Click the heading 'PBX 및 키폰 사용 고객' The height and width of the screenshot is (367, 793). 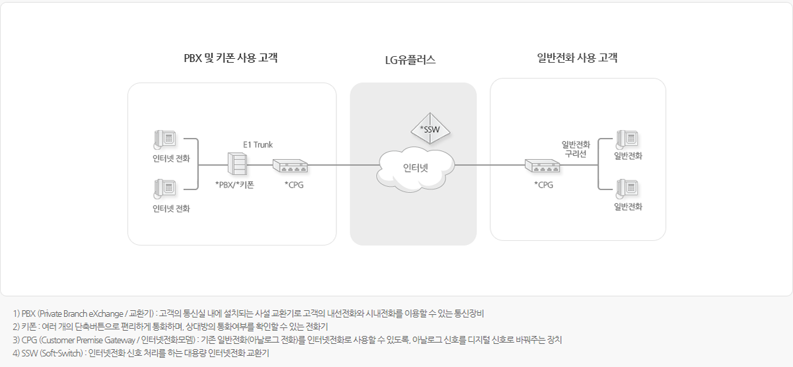(x=230, y=58)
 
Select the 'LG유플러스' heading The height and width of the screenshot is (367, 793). (x=410, y=60)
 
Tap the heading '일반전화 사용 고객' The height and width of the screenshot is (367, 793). (x=578, y=58)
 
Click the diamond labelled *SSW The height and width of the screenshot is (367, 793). (x=430, y=127)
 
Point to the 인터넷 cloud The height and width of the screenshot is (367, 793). (x=416, y=167)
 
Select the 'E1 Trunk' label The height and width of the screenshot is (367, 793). (x=258, y=145)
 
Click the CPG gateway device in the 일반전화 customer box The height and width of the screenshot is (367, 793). (x=543, y=166)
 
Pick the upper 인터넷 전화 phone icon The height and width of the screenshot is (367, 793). (x=165, y=139)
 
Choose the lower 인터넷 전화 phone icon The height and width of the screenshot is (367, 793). (x=165, y=189)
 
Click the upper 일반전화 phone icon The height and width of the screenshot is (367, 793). (x=627, y=139)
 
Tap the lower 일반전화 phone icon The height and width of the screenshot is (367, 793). (x=627, y=189)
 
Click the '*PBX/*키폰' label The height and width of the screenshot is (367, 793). (x=235, y=185)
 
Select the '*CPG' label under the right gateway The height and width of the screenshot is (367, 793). (x=543, y=185)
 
